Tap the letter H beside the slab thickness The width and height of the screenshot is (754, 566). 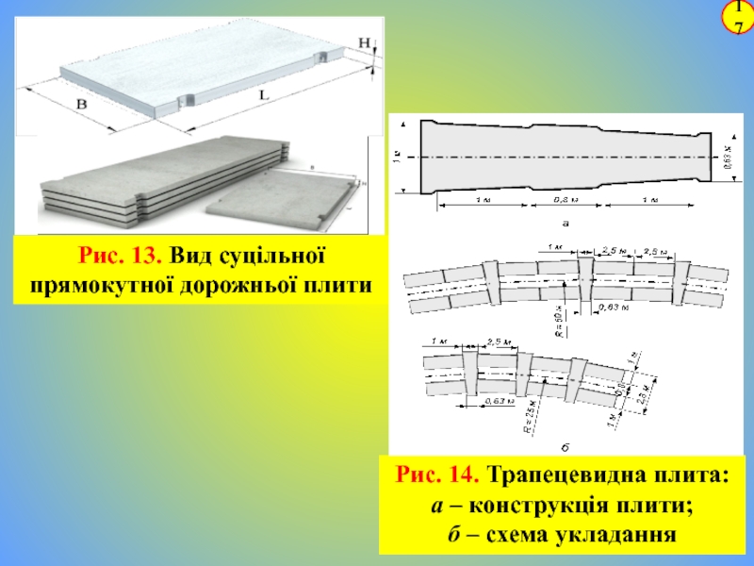(365, 42)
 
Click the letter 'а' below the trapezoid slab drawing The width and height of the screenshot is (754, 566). (565, 224)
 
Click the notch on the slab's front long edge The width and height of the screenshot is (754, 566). (187, 99)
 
